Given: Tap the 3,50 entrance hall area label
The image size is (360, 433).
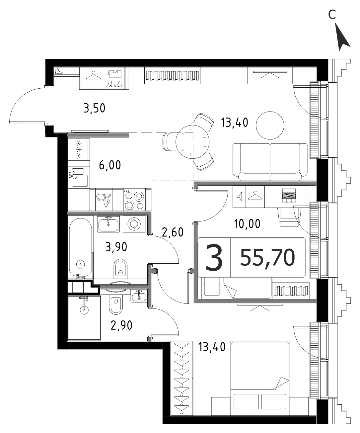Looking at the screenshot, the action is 94,108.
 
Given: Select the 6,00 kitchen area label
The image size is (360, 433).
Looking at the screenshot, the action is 110,165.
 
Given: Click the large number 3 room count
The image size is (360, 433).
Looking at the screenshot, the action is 214,258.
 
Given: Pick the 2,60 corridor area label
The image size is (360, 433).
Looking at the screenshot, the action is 173,232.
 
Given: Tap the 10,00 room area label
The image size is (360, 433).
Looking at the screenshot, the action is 247,224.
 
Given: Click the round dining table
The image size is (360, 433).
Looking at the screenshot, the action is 192,142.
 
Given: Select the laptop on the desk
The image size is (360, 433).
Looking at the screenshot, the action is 289,195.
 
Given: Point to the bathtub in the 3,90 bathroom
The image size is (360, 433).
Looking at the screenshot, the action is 80,248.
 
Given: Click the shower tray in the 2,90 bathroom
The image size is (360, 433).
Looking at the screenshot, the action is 84,317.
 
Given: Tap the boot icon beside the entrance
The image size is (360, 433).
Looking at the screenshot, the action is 59,71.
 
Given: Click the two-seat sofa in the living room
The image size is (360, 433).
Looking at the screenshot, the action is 270,162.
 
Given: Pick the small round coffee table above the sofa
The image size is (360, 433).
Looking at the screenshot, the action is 270,126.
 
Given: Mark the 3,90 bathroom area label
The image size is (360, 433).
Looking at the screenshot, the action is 116,247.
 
